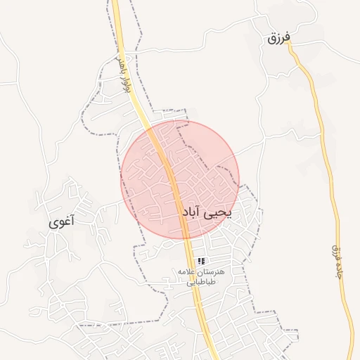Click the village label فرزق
278,38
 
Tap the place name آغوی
62,222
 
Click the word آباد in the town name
192,212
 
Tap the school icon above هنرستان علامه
201,261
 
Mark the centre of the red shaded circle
180,180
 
